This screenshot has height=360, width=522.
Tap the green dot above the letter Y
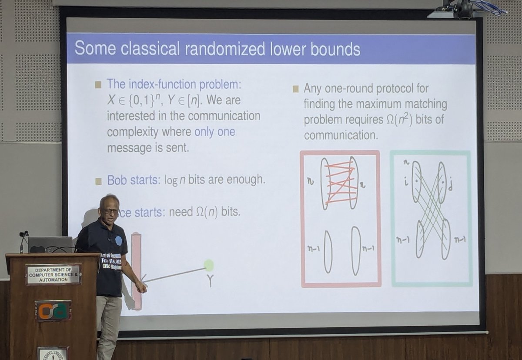coord(209,265)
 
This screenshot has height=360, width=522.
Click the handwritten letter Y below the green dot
coord(210,281)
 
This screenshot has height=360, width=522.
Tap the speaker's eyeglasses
coord(110,211)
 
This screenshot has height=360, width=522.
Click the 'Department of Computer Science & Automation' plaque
coord(54,274)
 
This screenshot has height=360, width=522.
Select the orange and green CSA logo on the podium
coord(53,310)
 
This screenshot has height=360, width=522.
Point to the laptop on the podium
coord(50,244)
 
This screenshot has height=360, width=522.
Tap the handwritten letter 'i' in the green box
coord(405,179)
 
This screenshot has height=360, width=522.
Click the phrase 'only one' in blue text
coord(214,132)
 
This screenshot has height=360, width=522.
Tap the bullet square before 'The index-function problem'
coord(98,84)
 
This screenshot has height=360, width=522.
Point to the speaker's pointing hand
coord(141,287)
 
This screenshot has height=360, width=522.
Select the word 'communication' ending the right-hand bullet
coord(341,135)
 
